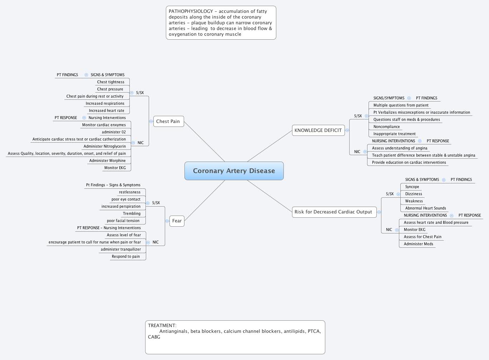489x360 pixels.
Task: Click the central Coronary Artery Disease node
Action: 234,171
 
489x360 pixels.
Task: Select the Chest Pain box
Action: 168,122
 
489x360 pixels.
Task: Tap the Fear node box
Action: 177,221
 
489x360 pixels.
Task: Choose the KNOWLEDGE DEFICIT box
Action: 318,130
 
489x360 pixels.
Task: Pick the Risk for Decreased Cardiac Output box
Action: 333,212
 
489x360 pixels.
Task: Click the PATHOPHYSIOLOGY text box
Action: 221,23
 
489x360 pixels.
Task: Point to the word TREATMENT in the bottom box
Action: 162,326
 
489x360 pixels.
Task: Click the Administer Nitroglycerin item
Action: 105,147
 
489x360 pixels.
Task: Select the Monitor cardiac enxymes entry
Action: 104,125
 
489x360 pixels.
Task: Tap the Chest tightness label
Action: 111,82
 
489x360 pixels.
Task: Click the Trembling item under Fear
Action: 132,214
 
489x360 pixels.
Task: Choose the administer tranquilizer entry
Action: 121,250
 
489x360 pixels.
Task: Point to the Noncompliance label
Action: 386,127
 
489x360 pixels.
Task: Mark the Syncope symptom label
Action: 412,187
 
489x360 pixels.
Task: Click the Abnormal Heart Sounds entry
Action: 425,208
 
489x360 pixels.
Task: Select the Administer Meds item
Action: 418,244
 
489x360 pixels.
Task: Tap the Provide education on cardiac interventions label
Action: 409,163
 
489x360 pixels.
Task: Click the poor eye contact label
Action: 126,199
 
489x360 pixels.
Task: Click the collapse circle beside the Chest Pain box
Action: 151,122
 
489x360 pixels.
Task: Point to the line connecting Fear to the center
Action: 204,201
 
